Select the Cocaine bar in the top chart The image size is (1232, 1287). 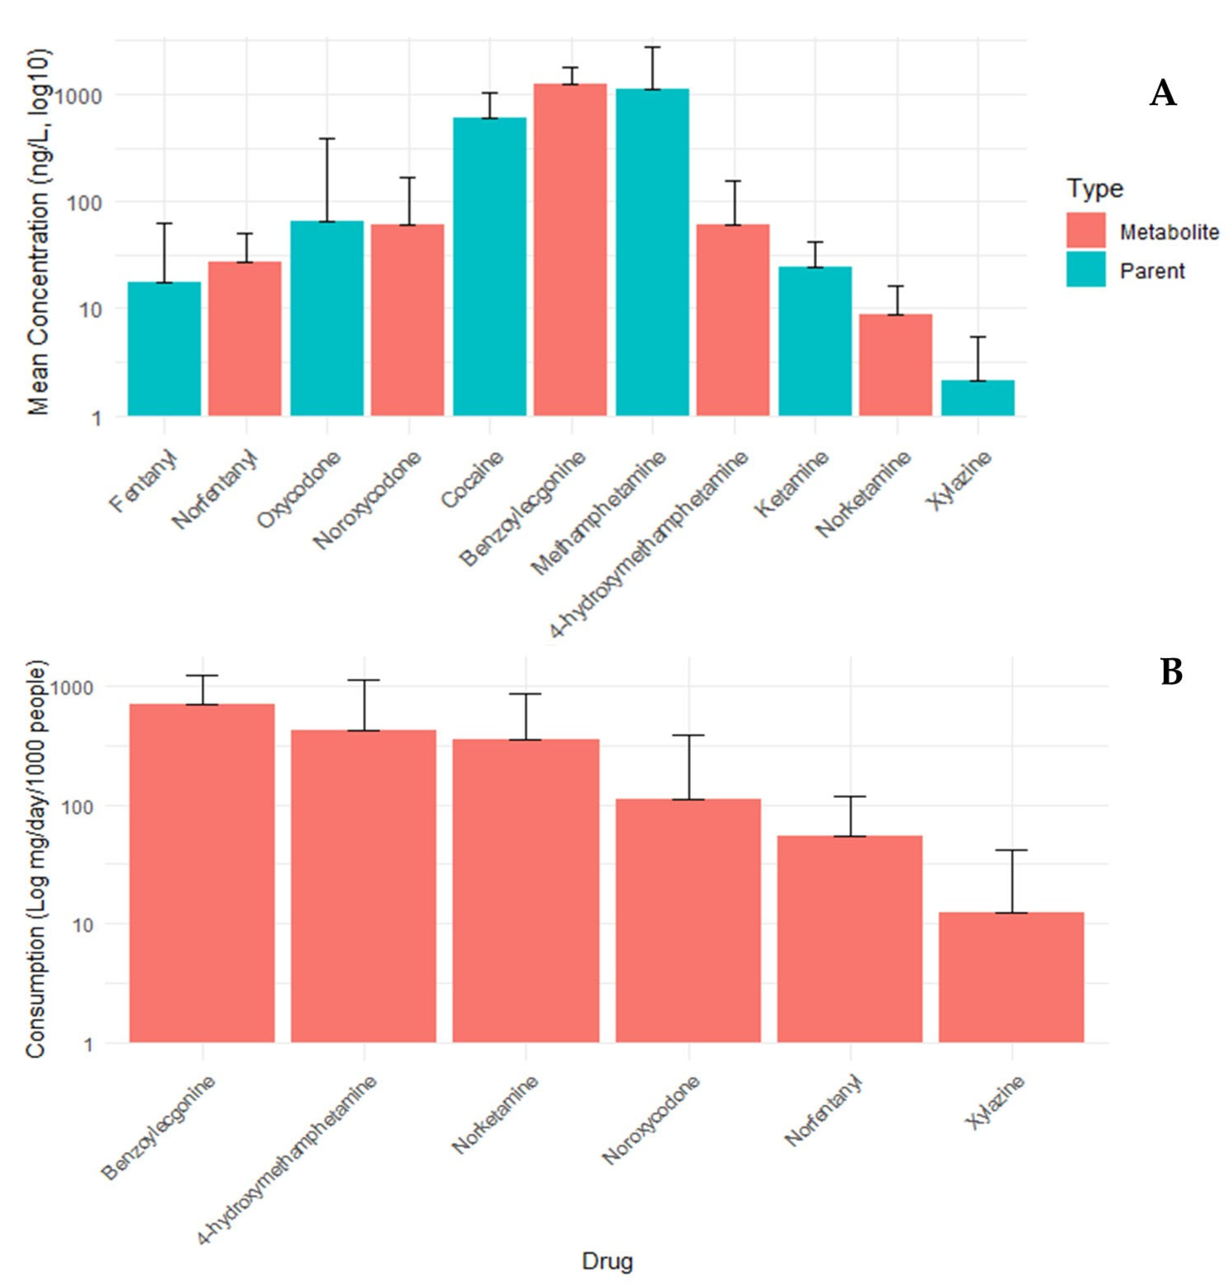tap(490, 267)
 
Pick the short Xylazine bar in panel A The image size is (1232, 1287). tap(978, 398)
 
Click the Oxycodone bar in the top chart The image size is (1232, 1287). tap(327, 318)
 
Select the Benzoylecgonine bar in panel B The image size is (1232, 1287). tap(202, 874)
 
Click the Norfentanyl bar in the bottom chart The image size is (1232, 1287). tap(850, 939)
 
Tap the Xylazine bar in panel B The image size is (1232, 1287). tap(1011, 978)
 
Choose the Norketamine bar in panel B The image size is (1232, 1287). tap(526, 891)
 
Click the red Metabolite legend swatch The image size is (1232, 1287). tap(1086, 230)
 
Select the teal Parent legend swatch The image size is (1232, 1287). tap(1086, 269)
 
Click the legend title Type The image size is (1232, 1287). tap(1095, 189)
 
